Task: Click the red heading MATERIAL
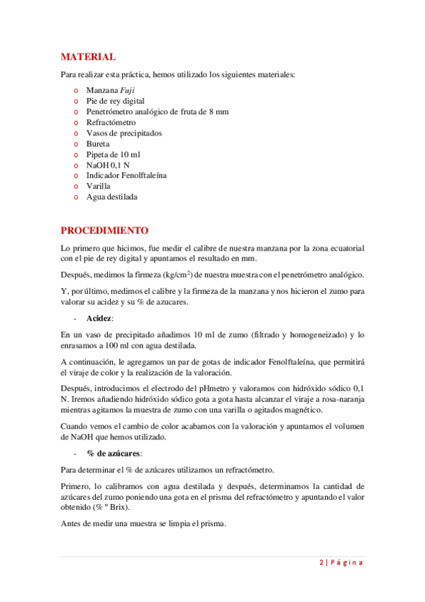coord(88,57)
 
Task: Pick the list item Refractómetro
coord(111,122)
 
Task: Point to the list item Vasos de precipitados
coord(123,133)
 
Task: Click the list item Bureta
coord(98,143)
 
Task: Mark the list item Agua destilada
coord(111,197)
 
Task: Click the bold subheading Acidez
coord(99,319)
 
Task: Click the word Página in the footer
coord(346,563)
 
